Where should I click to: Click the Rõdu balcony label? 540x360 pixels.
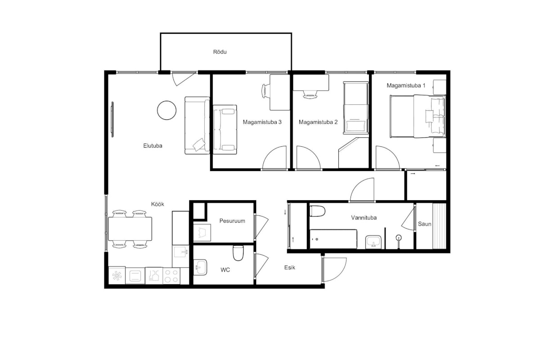(x=220, y=52)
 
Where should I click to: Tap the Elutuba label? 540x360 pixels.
(x=153, y=146)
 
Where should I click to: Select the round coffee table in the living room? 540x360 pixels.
(x=166, y=110)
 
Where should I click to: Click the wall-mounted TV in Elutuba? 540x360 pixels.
(x=112, y=119)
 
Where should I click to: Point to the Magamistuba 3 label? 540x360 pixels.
(x=262, y=122)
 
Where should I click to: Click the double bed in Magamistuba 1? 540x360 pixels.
(x=418, y=117)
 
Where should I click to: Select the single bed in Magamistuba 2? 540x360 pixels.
(x=356, y=108)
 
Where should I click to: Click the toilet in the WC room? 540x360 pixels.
(x=238, y=253)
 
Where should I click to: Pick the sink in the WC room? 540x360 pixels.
(x=200, y=267)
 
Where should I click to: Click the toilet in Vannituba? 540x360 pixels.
(x=317, y=211)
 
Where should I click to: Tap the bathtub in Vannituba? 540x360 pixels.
(x=333, y=239)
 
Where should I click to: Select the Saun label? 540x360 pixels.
(x=424, y=224)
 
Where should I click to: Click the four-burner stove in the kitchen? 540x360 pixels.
(x=171, y=276)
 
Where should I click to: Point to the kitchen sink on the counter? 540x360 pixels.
(x=180, y=252)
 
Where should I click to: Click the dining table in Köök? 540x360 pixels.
(x=130, y=229)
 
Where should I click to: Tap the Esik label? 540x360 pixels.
(x=289, y=267)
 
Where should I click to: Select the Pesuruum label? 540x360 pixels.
(x=232, y=221)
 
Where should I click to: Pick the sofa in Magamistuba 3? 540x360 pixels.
(x=225, y=130)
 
